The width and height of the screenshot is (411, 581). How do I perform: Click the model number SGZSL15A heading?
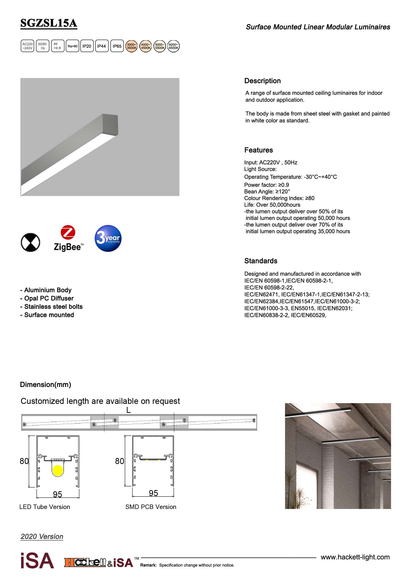49,23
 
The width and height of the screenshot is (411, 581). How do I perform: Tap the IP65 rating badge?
117,46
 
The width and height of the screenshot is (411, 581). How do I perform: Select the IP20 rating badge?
87,46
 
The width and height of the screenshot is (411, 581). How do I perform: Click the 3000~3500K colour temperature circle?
131,46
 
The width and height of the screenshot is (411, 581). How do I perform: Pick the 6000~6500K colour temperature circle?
173,46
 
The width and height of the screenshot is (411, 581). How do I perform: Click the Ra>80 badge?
72,46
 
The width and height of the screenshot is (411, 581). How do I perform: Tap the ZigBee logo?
68,239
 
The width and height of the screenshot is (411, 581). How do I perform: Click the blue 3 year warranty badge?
108,238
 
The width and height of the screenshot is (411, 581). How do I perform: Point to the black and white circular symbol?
30,242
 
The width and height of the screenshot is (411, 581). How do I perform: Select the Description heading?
262,81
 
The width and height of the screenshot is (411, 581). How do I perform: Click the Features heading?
258,150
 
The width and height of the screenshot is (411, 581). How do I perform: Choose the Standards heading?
261,261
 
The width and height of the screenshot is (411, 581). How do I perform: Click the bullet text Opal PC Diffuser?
49,298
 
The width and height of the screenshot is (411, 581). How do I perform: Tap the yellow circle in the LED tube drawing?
57,470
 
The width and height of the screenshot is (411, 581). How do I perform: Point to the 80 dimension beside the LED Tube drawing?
24,461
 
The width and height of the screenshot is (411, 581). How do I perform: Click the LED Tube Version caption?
45,507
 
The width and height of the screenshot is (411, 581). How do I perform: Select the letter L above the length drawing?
128,410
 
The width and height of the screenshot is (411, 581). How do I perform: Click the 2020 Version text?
42,537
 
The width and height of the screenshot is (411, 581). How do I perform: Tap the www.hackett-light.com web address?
355,557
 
